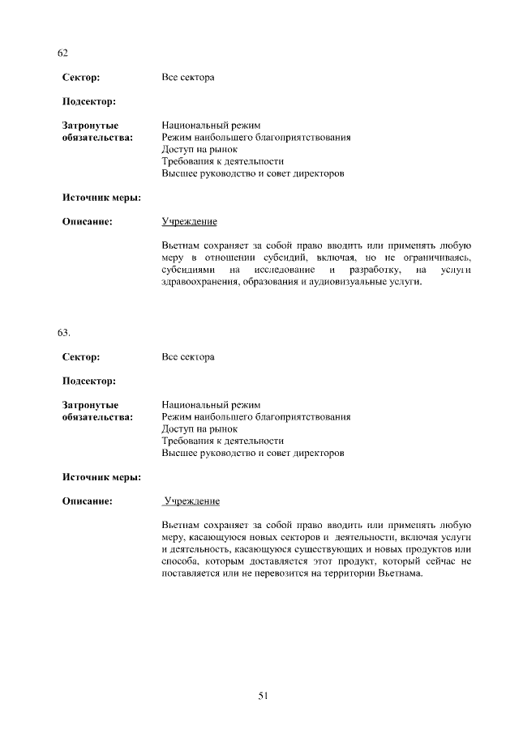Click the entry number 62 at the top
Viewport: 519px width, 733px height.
[62, 53]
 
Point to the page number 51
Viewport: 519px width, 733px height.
[263, 695]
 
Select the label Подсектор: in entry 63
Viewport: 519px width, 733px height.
[89, 381]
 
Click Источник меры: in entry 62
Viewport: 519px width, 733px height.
[101, 198]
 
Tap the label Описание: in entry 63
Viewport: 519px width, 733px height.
[87, 501]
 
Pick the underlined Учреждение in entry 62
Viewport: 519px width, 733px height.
[189, 222]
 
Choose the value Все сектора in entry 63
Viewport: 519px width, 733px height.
[187, 356]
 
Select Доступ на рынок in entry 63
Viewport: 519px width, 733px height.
[199, 429]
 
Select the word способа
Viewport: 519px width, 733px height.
[180, 561]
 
